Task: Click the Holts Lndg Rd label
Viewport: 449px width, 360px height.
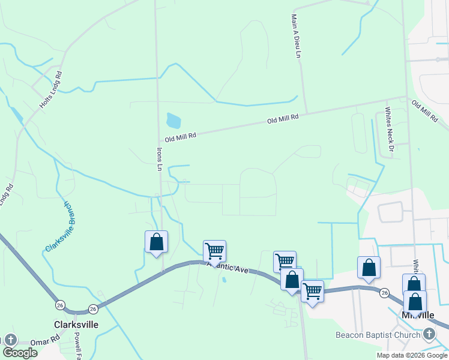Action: pos(51,90)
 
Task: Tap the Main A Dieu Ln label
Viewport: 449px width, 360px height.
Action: pos(295,36)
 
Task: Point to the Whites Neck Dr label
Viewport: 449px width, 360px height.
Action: pos(390,129)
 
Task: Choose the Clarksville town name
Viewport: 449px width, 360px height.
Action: pos(76,325)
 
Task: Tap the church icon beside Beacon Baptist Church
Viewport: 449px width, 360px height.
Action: pos(429,334)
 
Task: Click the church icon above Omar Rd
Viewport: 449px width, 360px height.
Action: pos(10,340)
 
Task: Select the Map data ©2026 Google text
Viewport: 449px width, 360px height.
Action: pos(412,355)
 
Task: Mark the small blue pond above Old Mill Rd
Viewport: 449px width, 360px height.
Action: pos(173,121)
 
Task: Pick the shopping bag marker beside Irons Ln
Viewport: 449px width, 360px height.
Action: pos(156,242)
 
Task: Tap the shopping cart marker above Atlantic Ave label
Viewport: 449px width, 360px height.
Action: pos(214,250)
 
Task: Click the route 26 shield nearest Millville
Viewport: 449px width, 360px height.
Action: pos(384,292)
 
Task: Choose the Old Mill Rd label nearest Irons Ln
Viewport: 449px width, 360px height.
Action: pos(181,137)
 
